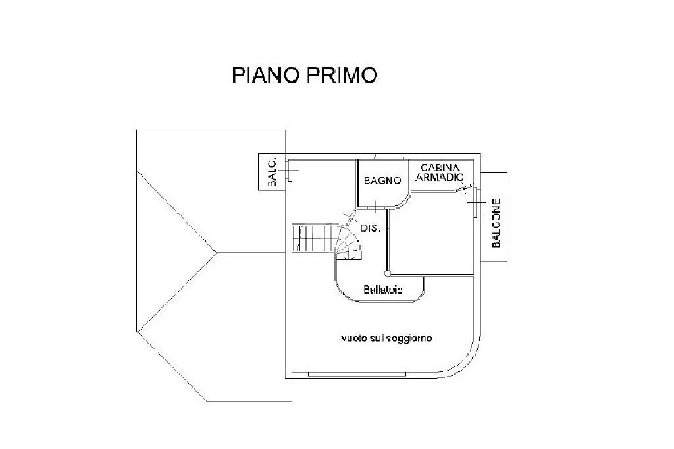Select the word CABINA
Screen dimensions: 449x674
tap(440, 168)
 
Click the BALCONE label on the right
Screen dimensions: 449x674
tap(496, 223)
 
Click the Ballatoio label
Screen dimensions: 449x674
tap(383, 290)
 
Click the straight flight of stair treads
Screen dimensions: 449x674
tap(314, 238)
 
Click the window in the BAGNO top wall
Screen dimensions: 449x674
tap(388, 157)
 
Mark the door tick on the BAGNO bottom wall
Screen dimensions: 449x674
tap(375, 208)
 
